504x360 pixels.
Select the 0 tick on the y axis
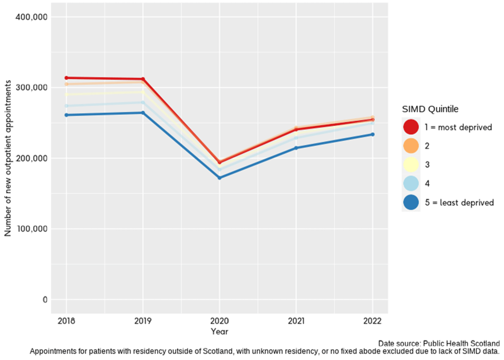[44, 299]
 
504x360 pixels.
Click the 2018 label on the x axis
[66, 321]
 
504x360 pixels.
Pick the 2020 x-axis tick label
[219, 321]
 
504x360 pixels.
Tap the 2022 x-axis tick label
[372, 321]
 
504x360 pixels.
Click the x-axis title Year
[219, 332]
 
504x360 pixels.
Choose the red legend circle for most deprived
[411, 127]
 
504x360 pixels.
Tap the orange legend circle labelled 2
[411, 146]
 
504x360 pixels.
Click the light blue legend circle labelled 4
[411, 184]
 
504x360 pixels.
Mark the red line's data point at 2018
[66, 78]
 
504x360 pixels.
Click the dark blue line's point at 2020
[219, 177]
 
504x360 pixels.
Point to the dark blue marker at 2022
[372, 134]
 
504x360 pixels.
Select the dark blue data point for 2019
[143, 113]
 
